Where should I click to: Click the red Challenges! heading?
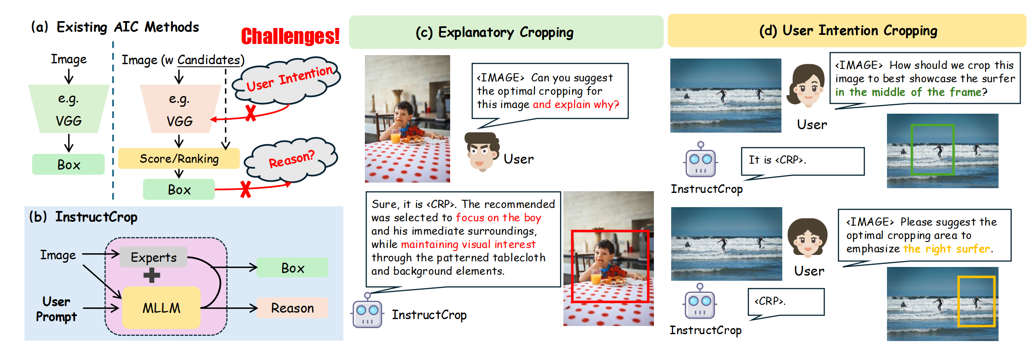[x=290, y=36]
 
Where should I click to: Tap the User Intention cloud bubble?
[x=286, y=80]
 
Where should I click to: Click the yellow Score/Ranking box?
[x=179, y=158]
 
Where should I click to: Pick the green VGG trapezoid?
[x=68, y=109]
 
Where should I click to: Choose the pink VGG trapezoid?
[x=180, y=109]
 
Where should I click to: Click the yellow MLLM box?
[x=161, y=308]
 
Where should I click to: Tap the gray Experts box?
[x=153, y=257]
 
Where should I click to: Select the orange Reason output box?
[x=292, y=308]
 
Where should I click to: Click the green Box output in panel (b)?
[x=292, y=267]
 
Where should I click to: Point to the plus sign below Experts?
[x=152, y=275]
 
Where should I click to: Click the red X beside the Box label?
[x=246, y=189]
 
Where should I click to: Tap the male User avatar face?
[x=482, y=152]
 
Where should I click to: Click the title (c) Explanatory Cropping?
[x=495, y=32]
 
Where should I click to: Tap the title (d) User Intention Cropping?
[x=848, y=31]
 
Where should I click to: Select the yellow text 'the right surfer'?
[x=946, y=248]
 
